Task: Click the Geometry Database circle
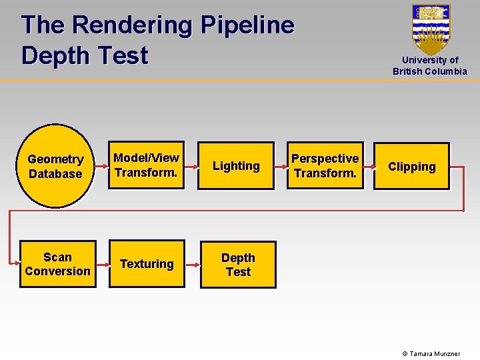[55, 166]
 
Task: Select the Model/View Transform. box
[147, 165]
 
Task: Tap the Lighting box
[236, 166]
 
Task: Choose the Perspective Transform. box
[325, 166]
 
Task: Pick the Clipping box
[411, 167]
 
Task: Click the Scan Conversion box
[58, 264]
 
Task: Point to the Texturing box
[147, 264]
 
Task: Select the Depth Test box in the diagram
[238, 265]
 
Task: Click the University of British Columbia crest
[431, 29]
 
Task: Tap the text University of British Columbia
[430, 65]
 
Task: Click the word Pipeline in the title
[247, 25]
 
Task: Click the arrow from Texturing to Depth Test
[192, 265]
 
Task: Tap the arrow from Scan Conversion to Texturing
[103, 265]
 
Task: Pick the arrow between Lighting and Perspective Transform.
[281, 166]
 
